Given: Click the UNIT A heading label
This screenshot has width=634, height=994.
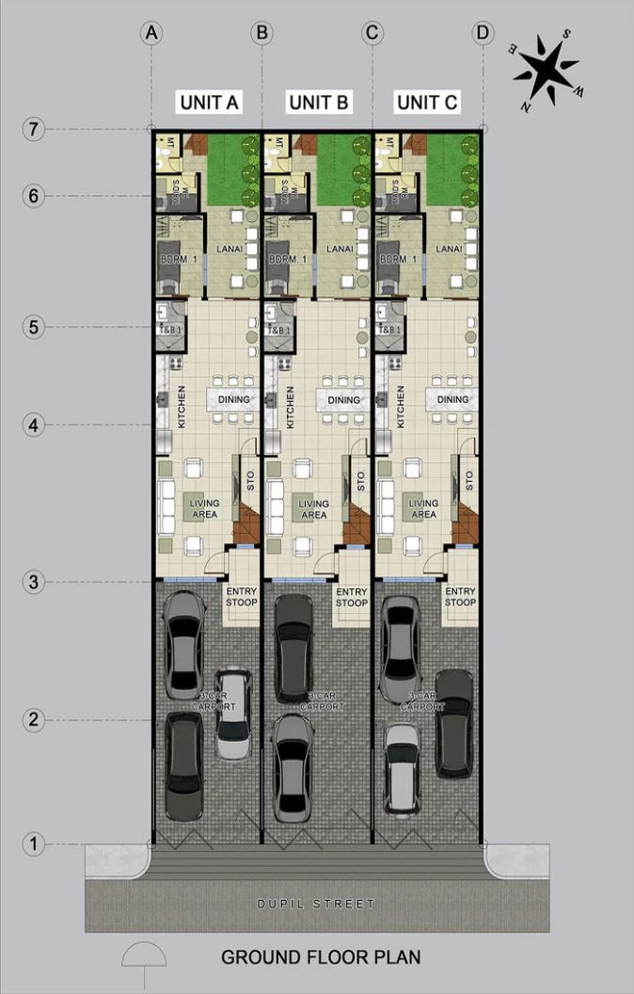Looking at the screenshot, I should pyautogui.click(x=209, y=103).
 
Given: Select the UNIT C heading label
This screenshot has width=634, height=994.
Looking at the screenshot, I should pyautogui.click(x=427, y=103).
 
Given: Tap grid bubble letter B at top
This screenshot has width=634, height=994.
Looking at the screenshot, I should pyautogui.click(x=262, y=33).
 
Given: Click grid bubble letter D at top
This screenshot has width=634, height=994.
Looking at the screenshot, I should pyautogui.click(x=483, y=33).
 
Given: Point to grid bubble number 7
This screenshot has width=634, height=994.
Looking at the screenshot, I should pyautogui.click(x=34, y=129).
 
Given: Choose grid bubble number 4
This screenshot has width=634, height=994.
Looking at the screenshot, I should pyautogui.click(x=34, y=425).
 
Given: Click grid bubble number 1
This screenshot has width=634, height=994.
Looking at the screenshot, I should pyautogui.click(x=34, y=844).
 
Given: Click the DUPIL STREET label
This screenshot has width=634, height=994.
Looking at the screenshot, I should pyautogui.click(x=316, y=905).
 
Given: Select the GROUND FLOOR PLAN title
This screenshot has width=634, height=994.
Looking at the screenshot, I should pyautogui.click(x=320, y=957).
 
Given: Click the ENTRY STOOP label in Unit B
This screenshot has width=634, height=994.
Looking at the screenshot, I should pyautogui.click(x=352, y=597).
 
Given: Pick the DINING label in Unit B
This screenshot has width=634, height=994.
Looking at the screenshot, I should pyautogui.click(x=344, y=399).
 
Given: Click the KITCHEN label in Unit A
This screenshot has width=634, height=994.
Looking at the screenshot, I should pyautogui.click(x=182, y=406).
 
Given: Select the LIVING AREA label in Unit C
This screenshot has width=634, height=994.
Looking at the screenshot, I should pyautogui.click(x=424, y=509).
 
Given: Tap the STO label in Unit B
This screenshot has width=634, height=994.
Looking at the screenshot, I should pyautogui.click(x=361, y=480).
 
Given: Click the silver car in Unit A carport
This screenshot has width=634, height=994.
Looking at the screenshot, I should pyautogui.click(x=233, y=713).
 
